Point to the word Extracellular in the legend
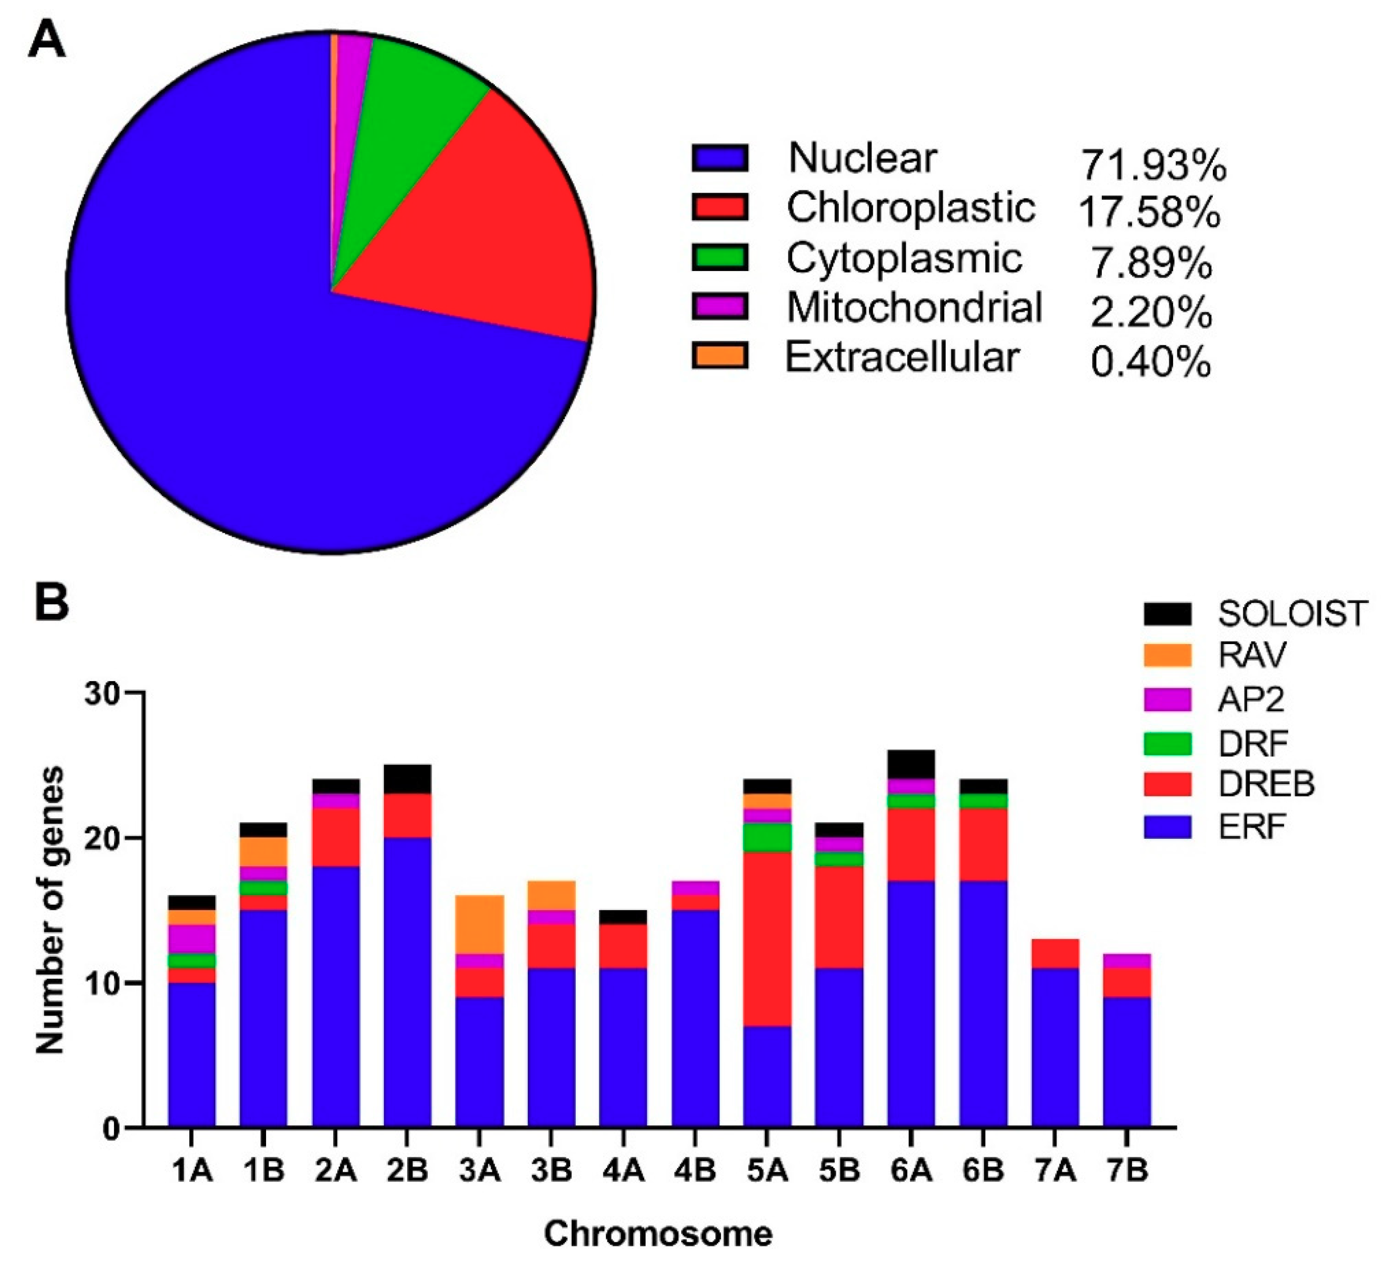tap(902, 357)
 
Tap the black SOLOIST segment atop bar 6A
tap(911, 764)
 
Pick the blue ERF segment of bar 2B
tap(408, 981)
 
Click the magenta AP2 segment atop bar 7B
tap(1126, 961)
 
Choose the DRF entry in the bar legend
tap(1252, 743)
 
